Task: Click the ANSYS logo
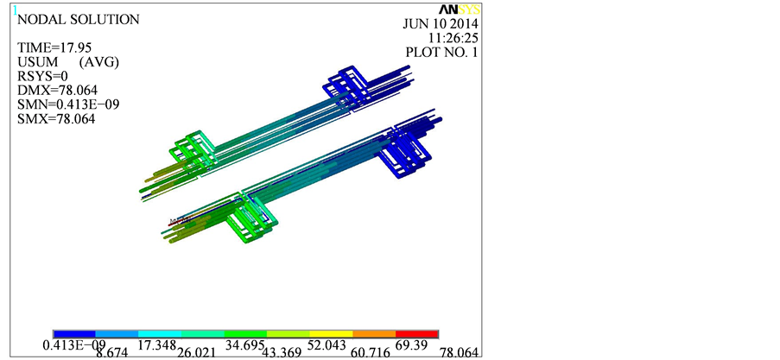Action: (x=459, y=9)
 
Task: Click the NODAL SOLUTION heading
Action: (x=79, y=20)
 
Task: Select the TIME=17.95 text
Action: (x=54, y=47)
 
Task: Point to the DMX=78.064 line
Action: (x=57, y=91)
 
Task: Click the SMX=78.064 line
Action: (x=56, y=119)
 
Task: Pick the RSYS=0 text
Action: (x=42, y=76)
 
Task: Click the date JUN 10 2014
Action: (x=440, y=24)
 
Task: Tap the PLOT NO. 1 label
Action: (x=441, y=52)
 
